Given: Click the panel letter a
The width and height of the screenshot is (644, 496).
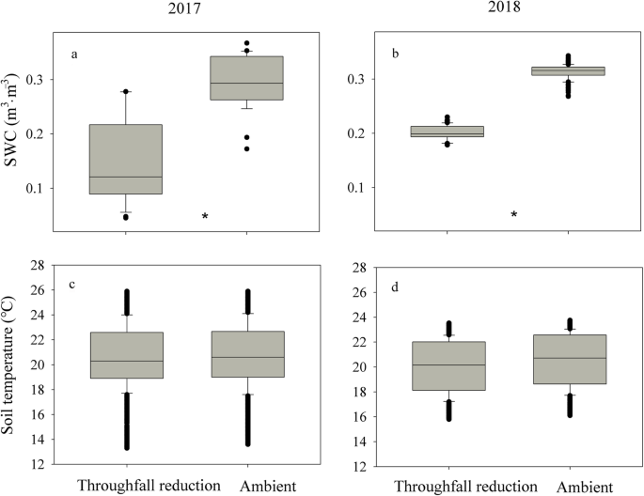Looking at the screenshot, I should pyautogui.click(x=73, y=54).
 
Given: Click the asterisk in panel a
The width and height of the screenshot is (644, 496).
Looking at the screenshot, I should pyautogui.click(x=205, y=217).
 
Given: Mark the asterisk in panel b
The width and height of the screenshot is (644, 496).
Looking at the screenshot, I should pyautogui.click(x=514, y=215).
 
